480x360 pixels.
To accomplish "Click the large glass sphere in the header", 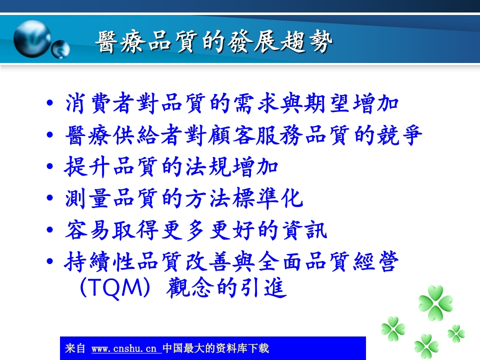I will pos(32,38).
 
